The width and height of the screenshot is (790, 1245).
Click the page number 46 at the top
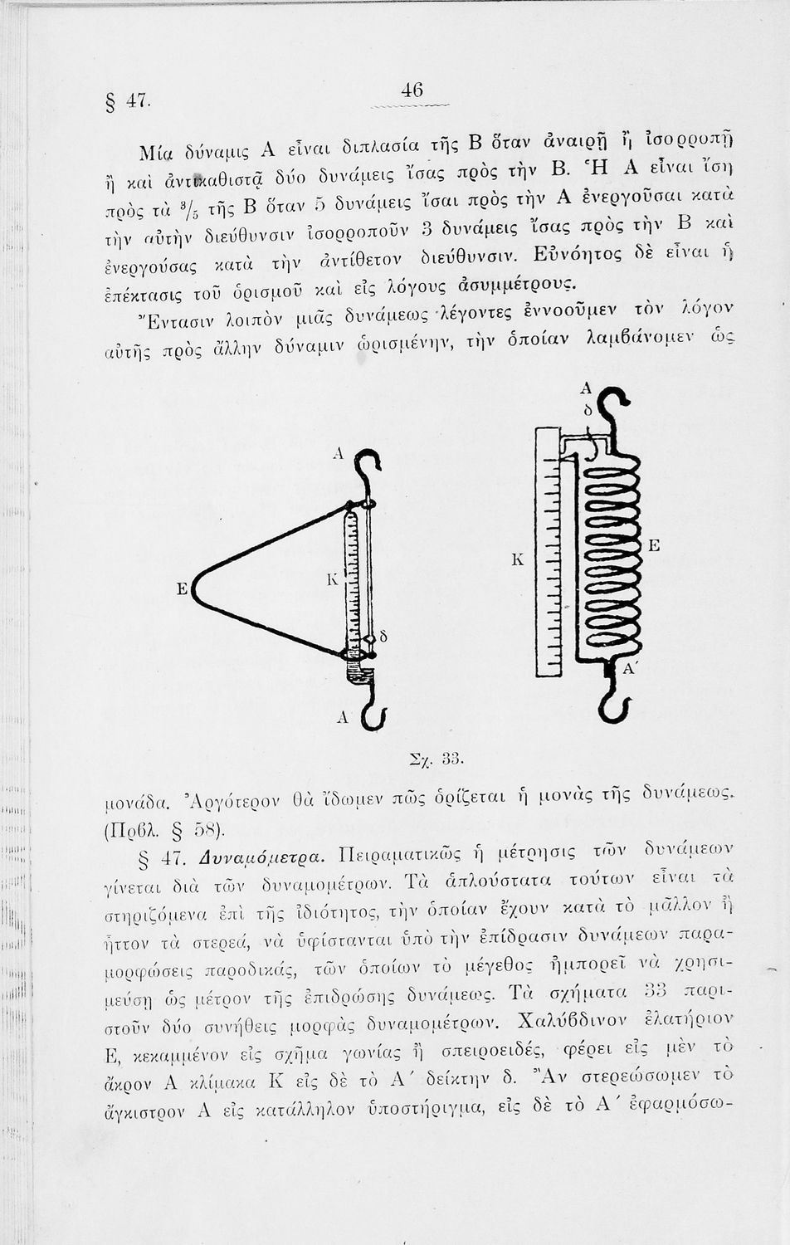pos(412,90)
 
